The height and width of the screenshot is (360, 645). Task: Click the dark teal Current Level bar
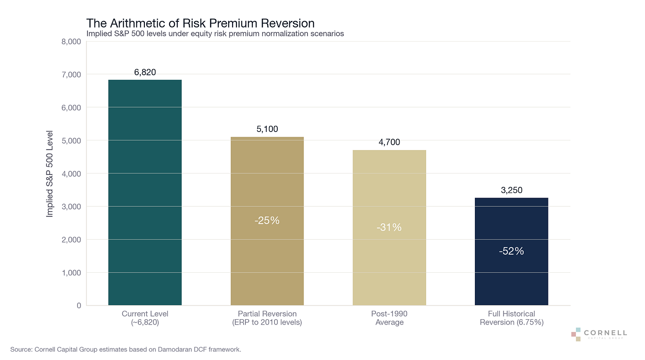tap(145, 192)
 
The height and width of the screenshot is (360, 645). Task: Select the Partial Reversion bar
tap(267, 221)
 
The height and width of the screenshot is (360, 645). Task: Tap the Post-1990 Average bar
tap(389, 228)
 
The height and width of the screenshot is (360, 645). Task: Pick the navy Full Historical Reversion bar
tap(511, 252)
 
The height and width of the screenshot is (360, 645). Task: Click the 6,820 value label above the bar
tap(145, 72)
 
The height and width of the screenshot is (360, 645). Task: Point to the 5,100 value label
tap(267, 129)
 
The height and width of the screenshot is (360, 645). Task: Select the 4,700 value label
tap(389, 142)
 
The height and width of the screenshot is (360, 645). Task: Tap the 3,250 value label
tap(511, 190)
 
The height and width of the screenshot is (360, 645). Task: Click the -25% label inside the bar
tap(267, 221)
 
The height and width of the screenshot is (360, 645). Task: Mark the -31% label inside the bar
tap(389, 227)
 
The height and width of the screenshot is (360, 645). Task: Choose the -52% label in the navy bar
tap(511, 251)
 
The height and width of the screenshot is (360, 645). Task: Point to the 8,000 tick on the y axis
tap(71, 42)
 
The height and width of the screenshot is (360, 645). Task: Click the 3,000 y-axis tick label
tap(71, 207)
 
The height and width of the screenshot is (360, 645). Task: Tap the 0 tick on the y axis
tap(79, 306)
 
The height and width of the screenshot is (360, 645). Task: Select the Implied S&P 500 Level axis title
tap(50, 174)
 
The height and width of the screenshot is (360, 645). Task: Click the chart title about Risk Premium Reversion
tap(200, 23)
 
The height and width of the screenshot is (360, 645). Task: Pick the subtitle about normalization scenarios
tap(215, 34)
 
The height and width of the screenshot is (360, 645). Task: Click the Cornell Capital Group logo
tap(599, 334)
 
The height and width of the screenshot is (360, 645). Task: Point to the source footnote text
tap(125, 349)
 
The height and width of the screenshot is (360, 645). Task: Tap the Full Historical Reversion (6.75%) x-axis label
tap(512, 317)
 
